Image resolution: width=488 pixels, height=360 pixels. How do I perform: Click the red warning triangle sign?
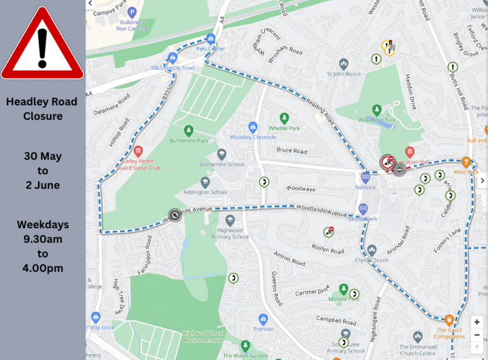pos(42,44)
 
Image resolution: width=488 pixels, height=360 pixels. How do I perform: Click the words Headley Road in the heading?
pos(42,102)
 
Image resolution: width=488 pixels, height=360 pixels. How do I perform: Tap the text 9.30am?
pos(43,239)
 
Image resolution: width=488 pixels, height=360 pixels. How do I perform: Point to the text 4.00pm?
pos(43,268)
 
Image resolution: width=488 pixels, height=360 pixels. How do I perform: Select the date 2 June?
pos(43,185)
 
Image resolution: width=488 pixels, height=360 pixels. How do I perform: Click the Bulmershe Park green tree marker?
pos(188,131)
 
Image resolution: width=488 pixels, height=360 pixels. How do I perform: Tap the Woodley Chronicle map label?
pos(253,138)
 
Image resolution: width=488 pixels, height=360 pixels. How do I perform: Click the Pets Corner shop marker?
pos(210,39)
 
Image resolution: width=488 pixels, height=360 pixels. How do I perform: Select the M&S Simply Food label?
pos(173,68)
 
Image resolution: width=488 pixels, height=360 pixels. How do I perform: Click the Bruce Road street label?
pos(292,151)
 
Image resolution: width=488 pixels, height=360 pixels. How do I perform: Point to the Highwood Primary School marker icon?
pos(231,220)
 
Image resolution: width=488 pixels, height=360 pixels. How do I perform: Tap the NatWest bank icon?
pos(365,177)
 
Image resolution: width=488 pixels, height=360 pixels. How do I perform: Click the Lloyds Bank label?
pos(364,218)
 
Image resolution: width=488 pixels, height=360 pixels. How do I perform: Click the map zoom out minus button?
pos(477,335)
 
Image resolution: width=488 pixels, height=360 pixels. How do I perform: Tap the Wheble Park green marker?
pos(284,118)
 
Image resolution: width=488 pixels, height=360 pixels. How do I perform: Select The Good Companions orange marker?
pos(449,320)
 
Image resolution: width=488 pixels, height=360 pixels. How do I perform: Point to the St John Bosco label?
pos(344,74)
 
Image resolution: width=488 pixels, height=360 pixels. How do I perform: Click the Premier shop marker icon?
pos(263,319)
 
